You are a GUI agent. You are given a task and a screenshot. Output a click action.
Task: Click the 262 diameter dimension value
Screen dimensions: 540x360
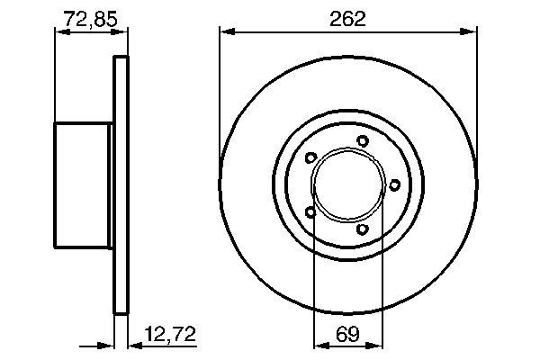[x=347, y=19]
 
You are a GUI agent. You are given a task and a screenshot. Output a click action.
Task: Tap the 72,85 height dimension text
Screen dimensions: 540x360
[x=91, y=19]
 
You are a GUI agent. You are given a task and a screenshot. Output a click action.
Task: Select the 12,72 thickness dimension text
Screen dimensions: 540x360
[x=170, y=334]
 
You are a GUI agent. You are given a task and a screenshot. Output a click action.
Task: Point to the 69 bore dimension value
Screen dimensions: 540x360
[x=347, y=334]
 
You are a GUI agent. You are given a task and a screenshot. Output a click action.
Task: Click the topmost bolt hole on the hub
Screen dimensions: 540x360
[x=363, y=141]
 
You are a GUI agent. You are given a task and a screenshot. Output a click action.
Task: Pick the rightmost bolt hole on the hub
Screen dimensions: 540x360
[x=394, y=185]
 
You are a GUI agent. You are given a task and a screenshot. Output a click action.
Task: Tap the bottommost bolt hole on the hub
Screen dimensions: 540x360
[x=363, y=229]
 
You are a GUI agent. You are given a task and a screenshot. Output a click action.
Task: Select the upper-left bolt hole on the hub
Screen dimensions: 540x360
[x=310, y=157]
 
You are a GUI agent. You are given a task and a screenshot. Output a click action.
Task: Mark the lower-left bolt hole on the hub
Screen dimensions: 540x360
[x=310, y=212]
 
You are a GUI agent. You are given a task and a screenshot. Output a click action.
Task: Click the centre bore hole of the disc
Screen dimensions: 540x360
[x=348, y=185]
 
